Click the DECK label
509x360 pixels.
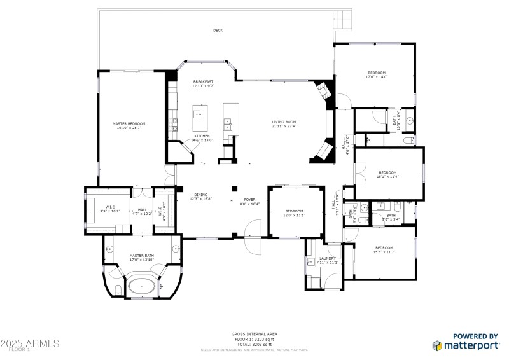[218, 30]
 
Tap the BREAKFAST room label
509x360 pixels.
[204, 83]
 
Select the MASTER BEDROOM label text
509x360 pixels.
[129, 125]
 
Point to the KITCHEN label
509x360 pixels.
[202, 138]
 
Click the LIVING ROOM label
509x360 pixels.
[284, 123]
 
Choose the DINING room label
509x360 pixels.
[200, 197]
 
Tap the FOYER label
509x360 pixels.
[249, 202]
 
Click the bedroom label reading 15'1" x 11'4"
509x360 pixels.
[388, 174]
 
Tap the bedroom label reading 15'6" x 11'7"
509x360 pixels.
[384, 250]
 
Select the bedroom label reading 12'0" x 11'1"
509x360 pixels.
[294, 213]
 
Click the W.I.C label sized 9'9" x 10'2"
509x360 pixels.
[109, 209]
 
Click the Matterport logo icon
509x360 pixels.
[437, 345]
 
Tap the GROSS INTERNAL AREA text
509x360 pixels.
[254, 334]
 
